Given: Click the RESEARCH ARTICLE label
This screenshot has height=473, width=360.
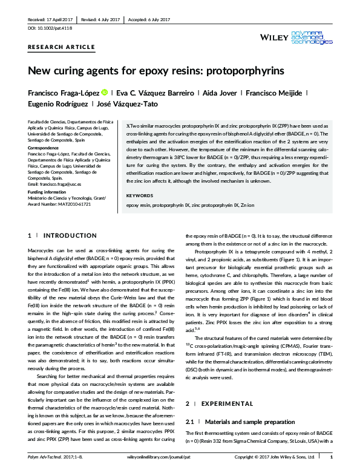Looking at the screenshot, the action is [61, 47].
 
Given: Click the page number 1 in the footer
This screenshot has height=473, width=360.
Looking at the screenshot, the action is [339, 465].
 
